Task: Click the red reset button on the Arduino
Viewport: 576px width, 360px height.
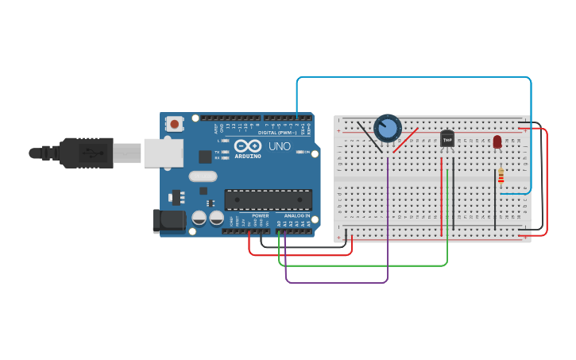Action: [x=174, y=124]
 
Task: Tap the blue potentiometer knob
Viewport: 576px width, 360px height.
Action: [x=387, y=128]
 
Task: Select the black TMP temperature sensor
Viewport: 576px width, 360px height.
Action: [x=447, y=139]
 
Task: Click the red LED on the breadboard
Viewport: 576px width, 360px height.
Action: [x=497, y=141]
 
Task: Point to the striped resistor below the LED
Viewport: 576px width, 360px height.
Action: [x=501, y=176]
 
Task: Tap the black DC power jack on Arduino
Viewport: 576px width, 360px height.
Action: [x=168, y=221]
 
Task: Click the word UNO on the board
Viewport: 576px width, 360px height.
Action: [x=279, y=147]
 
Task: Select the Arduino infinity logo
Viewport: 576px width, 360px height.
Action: [x=248, y=146]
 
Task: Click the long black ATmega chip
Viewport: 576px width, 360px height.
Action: [x=268, y=199]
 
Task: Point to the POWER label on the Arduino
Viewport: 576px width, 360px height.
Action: [x=261, y=216]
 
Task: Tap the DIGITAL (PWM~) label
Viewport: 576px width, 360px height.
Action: [x=278, y=133]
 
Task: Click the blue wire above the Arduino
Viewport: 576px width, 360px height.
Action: [x=413, y=78]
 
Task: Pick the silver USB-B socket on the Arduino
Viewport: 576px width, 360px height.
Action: [x=163, y=153]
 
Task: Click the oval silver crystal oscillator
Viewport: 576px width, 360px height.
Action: [x=203, y=176]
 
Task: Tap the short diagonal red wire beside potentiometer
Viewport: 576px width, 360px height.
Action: [x=405, y=140]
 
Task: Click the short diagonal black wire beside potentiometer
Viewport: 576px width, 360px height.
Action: [x=369, y=135]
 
